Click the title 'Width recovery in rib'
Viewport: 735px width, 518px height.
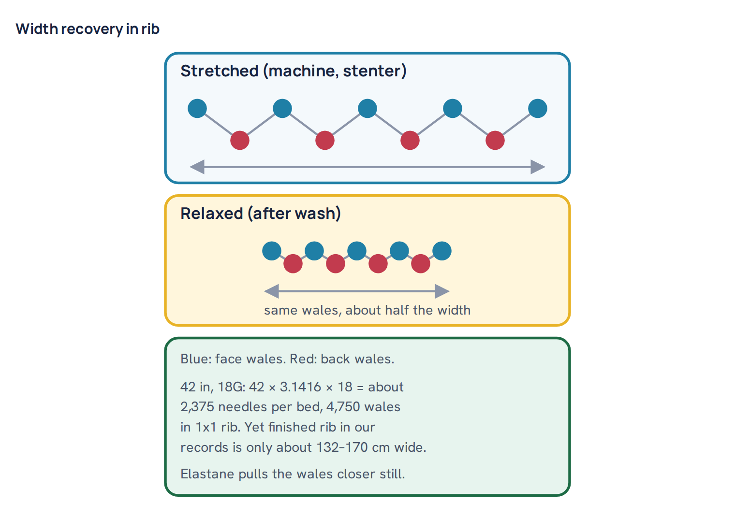point(88,29)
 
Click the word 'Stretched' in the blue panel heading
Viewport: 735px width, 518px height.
point(220,71)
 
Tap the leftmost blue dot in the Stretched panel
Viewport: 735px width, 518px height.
point(197,108)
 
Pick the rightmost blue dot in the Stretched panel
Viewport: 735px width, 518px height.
point(538,108)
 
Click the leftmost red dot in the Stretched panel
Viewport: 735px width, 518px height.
point(240,140)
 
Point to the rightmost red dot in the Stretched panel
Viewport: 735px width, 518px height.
point(495,140)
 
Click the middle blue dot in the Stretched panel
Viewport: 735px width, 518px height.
point(367,108)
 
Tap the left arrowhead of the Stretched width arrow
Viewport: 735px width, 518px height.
point(197,167)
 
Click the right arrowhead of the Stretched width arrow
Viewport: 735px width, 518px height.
point(538,167)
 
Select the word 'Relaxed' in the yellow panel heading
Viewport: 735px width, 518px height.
point(212,214)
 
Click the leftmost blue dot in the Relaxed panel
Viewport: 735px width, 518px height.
point(272,251)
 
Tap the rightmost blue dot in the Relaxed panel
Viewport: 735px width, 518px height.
point(442,251)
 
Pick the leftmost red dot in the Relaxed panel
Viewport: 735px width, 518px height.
point(293,263)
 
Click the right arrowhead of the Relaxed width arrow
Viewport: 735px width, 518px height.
point(442,291)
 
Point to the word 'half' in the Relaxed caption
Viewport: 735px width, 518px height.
point(397,310)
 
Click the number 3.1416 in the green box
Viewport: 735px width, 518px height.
point(300,387)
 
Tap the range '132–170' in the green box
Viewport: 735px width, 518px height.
point(342,447)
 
